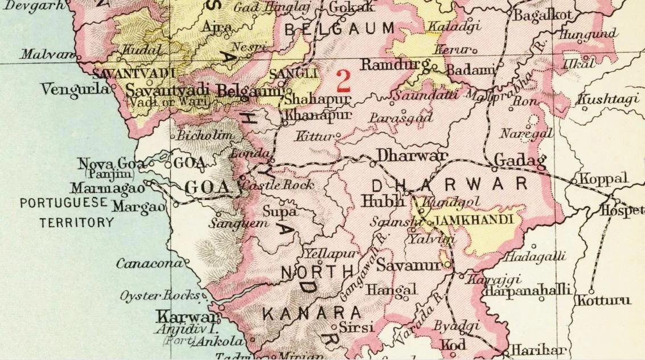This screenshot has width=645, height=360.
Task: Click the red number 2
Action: point(343,81)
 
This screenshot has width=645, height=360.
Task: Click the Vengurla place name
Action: point(75,90)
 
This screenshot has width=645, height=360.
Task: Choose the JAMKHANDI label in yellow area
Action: point(474,219)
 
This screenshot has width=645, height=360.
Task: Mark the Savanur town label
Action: point(409,265)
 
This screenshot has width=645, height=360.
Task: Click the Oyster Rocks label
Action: point(159,296)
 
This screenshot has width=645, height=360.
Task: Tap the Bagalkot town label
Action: point(541,15)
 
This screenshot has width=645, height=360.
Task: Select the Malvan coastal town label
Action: point(47,55)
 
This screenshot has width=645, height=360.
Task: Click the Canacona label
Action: point(150,264)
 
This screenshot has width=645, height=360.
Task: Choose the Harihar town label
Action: point(537,350)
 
